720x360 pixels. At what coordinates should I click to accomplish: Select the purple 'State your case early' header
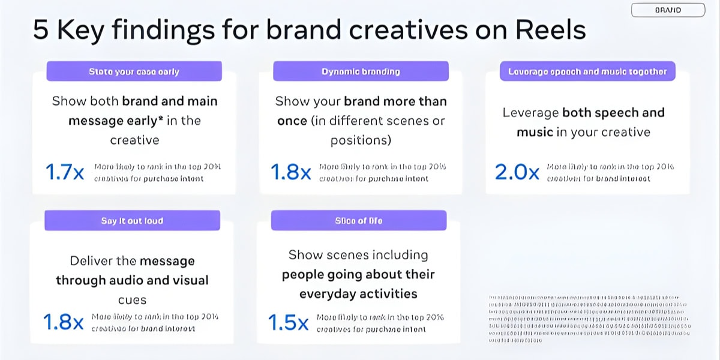(134, 71)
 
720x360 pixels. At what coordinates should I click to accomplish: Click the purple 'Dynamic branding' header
(361, 71)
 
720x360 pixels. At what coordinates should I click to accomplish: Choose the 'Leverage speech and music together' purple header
(587, 71)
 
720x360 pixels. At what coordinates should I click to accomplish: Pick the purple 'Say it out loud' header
(132, 221)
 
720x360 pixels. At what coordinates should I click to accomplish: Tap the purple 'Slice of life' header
(359, 221)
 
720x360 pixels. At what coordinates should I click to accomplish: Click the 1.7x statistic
(64, 172)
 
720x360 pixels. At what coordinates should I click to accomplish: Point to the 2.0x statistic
(517, 172)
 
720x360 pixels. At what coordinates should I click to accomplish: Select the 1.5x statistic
(288, 323)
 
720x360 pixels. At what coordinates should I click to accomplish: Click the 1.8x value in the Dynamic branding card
(290, 172)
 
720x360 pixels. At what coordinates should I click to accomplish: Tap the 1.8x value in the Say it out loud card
(64, 322)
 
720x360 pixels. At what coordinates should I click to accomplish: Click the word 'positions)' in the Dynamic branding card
(361, 140)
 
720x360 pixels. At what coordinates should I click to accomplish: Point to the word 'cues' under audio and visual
(132, 299)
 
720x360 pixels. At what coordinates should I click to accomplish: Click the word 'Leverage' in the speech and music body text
(530, 113)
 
